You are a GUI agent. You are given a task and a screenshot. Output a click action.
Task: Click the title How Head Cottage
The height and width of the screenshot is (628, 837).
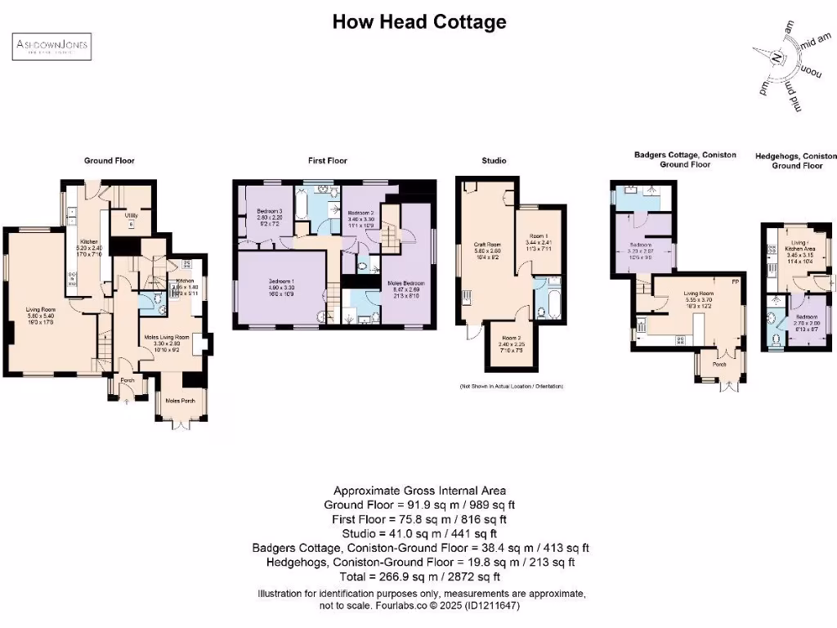(418, 22)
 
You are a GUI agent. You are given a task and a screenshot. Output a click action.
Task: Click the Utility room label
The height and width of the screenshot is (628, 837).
(130, 217)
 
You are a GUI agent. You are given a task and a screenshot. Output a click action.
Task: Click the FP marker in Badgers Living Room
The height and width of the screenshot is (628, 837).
(735, 282)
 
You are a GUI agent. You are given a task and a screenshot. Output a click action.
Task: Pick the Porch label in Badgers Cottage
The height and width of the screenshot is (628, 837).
(719, 366)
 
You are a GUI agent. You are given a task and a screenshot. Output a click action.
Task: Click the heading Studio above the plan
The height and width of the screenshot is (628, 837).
(493, 161)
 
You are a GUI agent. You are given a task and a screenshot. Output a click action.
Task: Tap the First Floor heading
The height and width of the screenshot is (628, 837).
(327, 161)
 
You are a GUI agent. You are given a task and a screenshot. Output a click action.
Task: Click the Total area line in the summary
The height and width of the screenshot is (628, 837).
(418, 576)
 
